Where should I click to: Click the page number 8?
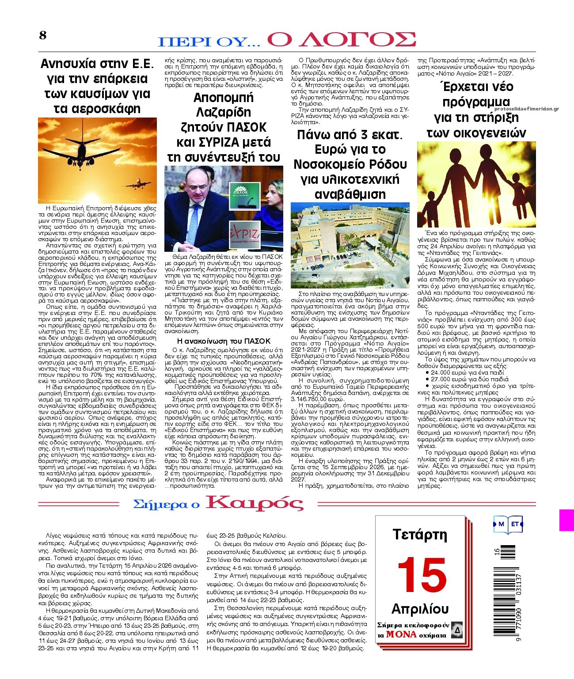43,36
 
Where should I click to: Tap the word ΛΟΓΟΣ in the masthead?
341,39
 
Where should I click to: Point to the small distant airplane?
139,183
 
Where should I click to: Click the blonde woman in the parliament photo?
274,197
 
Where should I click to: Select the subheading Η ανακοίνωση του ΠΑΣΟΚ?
223,341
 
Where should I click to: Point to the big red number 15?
422,575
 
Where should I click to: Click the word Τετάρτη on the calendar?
420,535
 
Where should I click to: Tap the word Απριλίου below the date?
420,609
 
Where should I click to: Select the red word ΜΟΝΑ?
401,634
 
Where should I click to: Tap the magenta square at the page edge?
566,520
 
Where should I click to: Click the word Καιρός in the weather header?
255,503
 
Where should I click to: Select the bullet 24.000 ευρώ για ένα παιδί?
464,372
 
